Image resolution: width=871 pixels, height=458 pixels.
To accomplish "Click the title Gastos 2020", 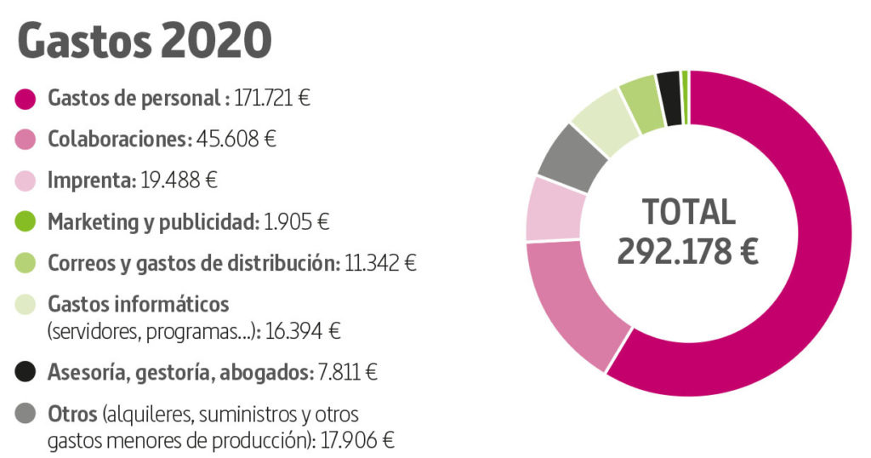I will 145,41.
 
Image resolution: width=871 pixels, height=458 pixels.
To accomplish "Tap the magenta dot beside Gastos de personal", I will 26,99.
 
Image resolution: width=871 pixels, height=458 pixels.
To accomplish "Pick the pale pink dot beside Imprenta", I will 26,181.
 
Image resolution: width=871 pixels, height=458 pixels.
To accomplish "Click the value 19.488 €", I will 177,181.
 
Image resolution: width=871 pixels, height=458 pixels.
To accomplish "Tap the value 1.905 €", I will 295,222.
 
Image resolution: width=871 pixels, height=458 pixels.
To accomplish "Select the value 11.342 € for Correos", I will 380,264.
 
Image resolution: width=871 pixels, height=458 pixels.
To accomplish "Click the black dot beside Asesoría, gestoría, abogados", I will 26,371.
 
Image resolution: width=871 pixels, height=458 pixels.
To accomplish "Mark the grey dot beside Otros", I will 26,415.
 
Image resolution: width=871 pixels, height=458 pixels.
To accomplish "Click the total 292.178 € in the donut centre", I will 687,252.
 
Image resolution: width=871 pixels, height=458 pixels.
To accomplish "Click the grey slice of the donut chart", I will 572,157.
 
